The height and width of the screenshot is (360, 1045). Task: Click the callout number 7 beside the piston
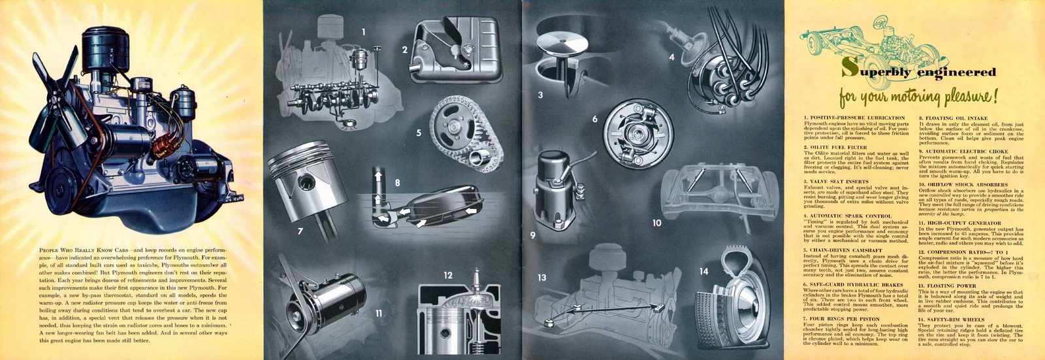[x=300, y=231]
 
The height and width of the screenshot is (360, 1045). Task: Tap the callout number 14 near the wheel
[x=703, y=271]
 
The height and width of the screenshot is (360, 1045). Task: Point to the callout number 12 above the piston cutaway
[x=447, y=275]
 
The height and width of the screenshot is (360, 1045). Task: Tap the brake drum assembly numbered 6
[x=628, y=140]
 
